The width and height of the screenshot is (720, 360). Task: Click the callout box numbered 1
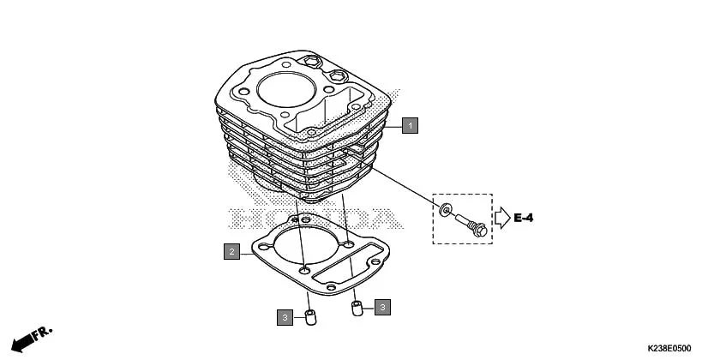point(411,126)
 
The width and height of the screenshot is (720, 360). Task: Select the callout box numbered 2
point(231,252)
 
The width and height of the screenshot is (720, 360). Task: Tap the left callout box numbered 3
point(283,318)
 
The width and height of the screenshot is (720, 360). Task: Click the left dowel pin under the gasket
point(311,319)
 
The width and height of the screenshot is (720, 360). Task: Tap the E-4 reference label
point(524,218)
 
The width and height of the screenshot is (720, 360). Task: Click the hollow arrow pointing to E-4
point(501,218)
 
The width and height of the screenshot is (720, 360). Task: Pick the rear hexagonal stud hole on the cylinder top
point(309,61)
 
